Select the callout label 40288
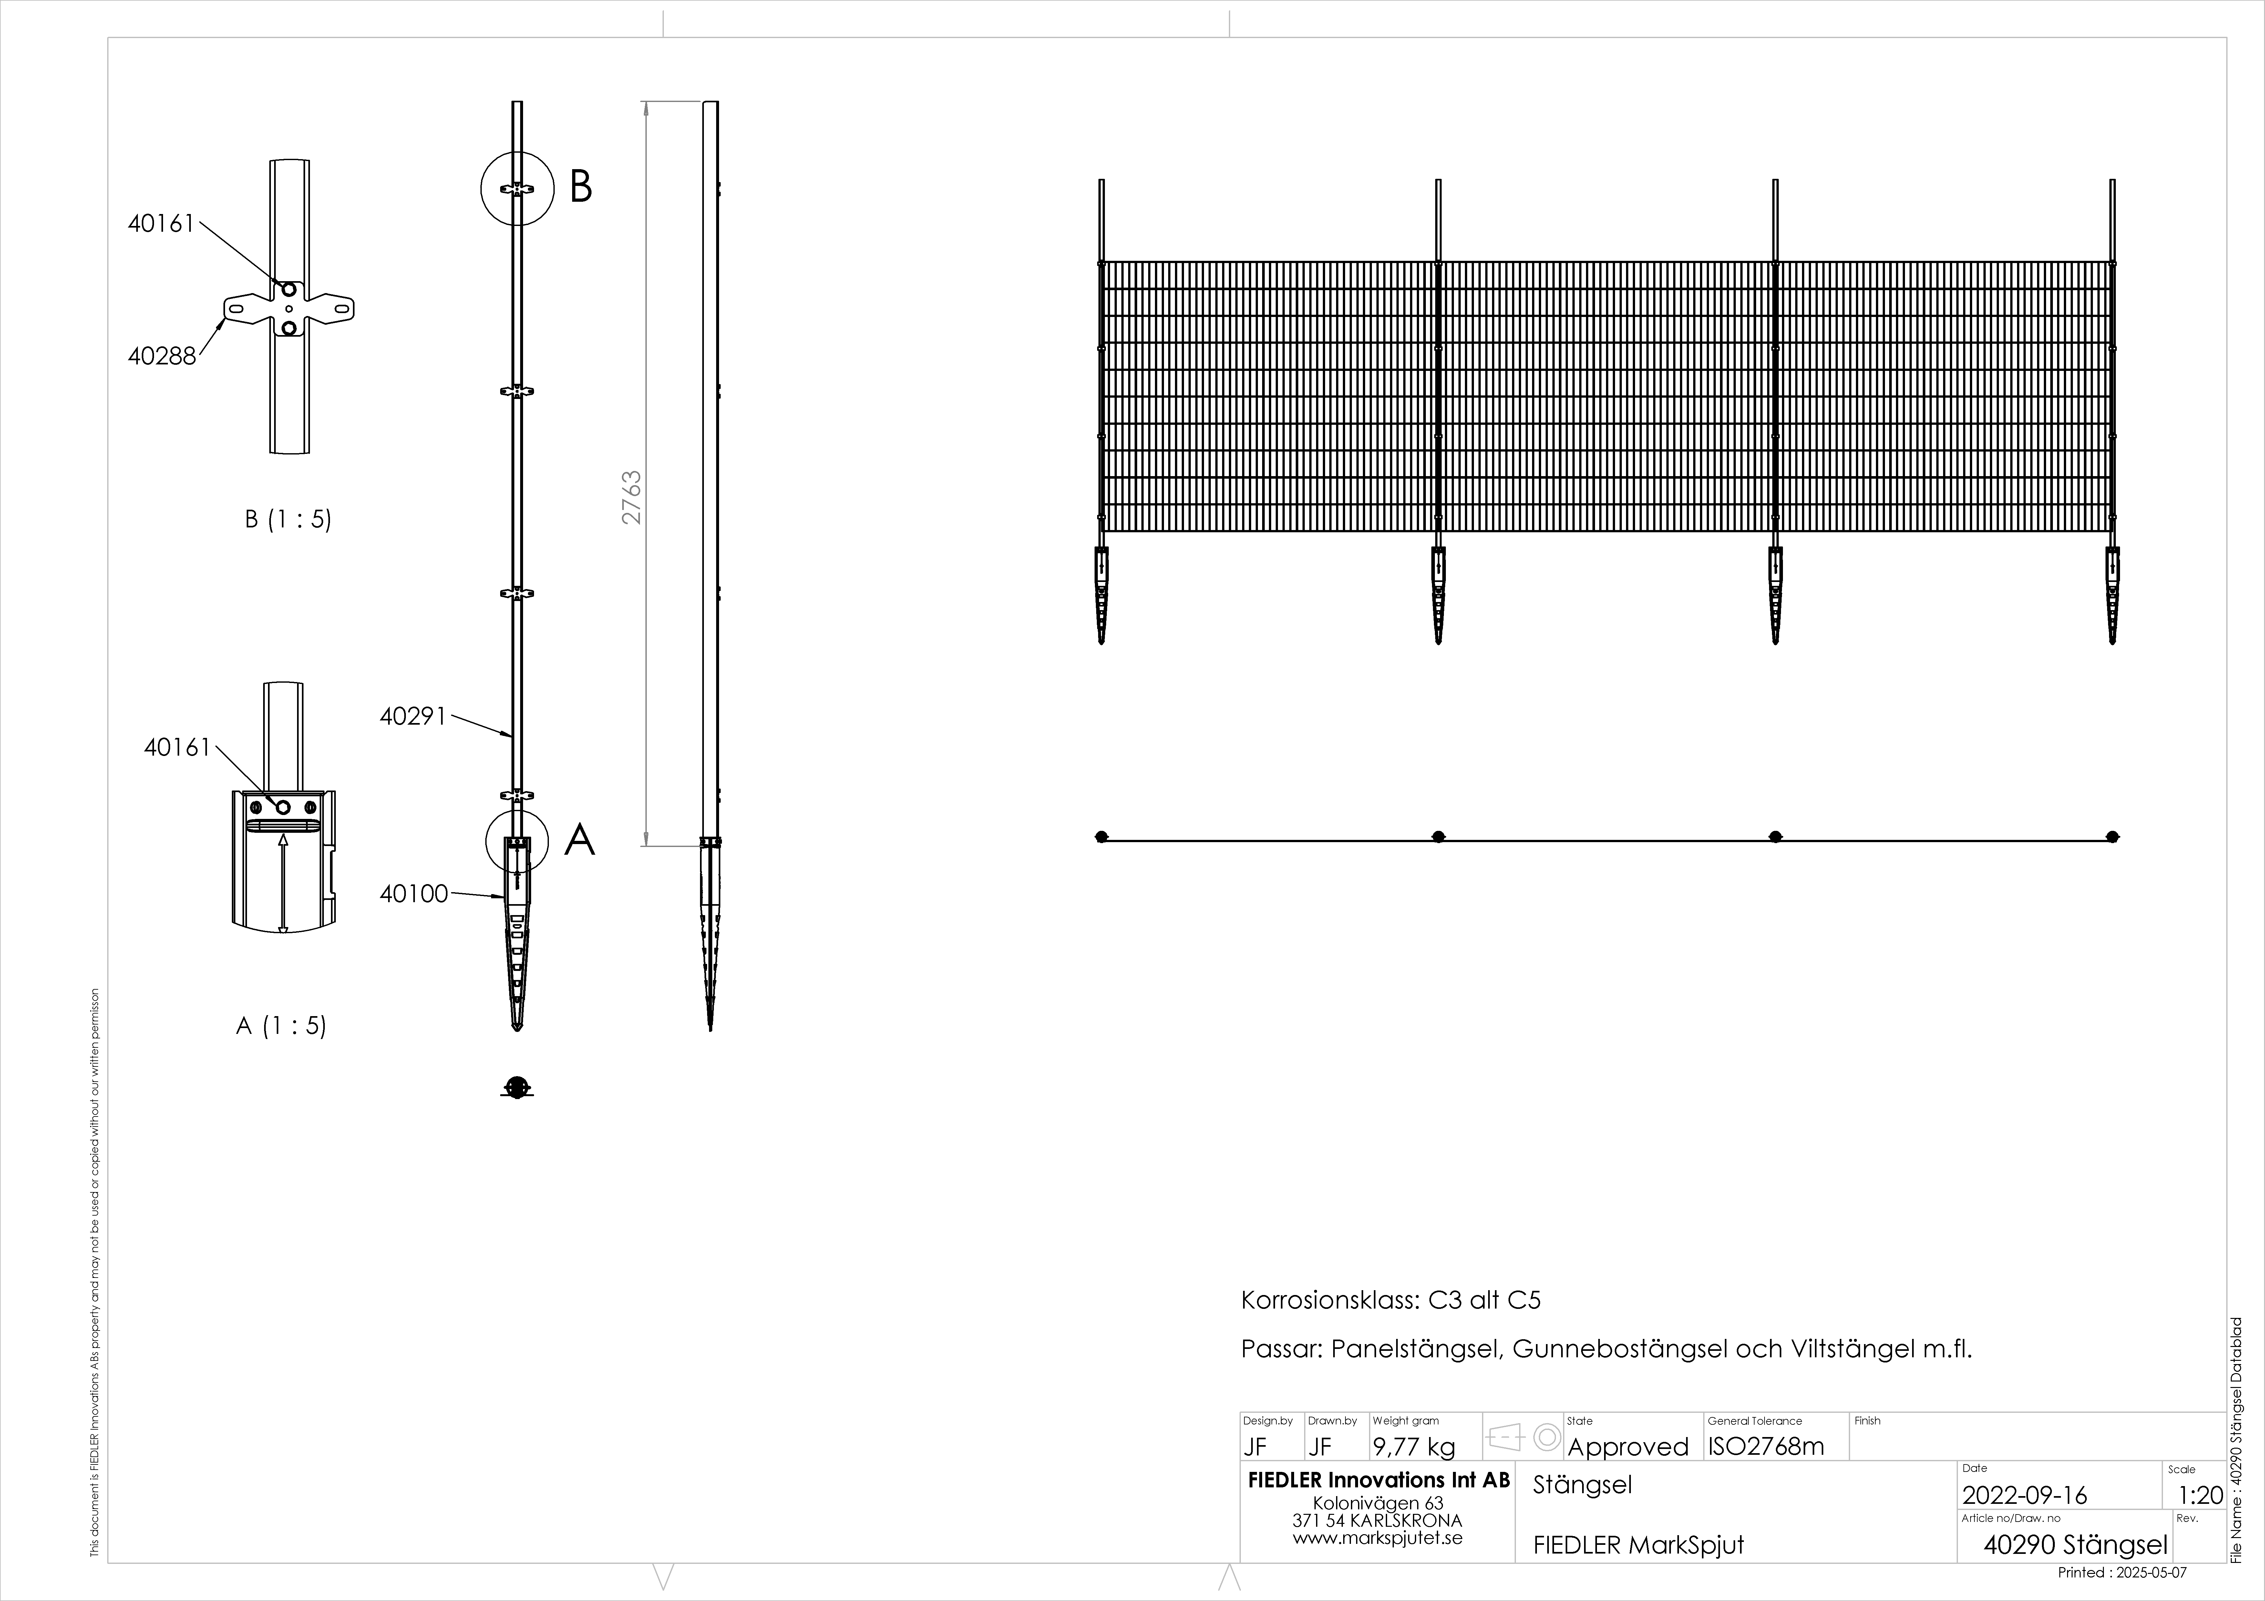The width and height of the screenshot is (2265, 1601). (162, 356)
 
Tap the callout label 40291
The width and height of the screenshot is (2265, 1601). (413, 716)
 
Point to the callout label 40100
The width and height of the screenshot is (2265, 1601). (413, 894)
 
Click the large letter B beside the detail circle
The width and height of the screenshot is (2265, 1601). (581, 187)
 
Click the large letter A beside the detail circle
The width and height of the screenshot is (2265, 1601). (580, 841)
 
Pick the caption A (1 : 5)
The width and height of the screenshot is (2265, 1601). (281, 1026)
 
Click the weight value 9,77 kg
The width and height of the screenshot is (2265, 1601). (1414, 1447)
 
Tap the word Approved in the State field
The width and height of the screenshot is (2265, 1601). (1628, 1447)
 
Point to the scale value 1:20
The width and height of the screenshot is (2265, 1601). (2200, 1495)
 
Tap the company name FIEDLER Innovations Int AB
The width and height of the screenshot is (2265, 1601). (1378, 1481)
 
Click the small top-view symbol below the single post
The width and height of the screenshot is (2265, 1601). (517, 1087)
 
